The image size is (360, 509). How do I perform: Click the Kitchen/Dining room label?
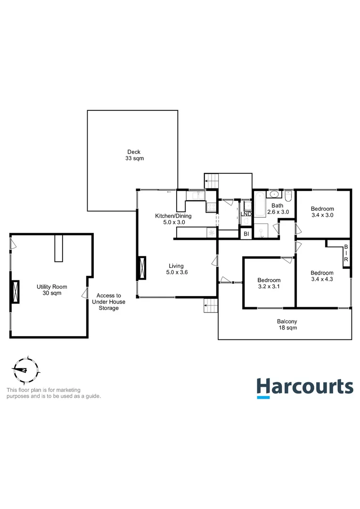tap(173, 219)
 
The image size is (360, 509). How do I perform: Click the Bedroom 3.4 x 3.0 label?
tap(323, 212)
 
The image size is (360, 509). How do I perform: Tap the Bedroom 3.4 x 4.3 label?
tap(323, 276)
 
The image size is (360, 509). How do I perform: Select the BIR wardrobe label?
tap(346, 255)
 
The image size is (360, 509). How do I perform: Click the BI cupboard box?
tap(246, 234)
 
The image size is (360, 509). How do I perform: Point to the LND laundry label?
tap(246, 214)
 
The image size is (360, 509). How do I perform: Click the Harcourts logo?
tap(304, 387)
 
